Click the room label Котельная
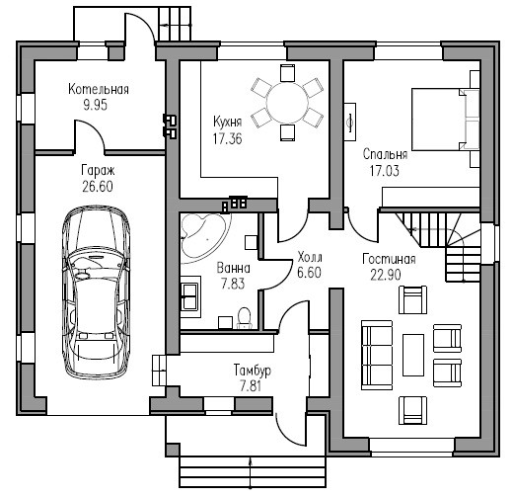click(99, 89)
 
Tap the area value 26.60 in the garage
click(98, 187)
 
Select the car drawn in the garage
click(97, 292)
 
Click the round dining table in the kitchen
click(287, 103)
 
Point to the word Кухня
click(228, 122)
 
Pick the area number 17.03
click(385, 171)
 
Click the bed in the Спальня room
click(446, 120)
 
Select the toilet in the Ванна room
click(244, 318)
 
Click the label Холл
click(310, 257)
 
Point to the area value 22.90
click(386, 275)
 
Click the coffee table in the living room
click(413, 355)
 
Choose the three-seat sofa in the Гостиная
click(377, 355)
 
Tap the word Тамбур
click(253, 370)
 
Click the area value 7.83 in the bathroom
click(233, 284)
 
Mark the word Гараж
click(98, 171)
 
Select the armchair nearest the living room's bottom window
click(412, 410)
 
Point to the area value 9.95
click(96, 105)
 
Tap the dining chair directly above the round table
click(287, 73)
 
